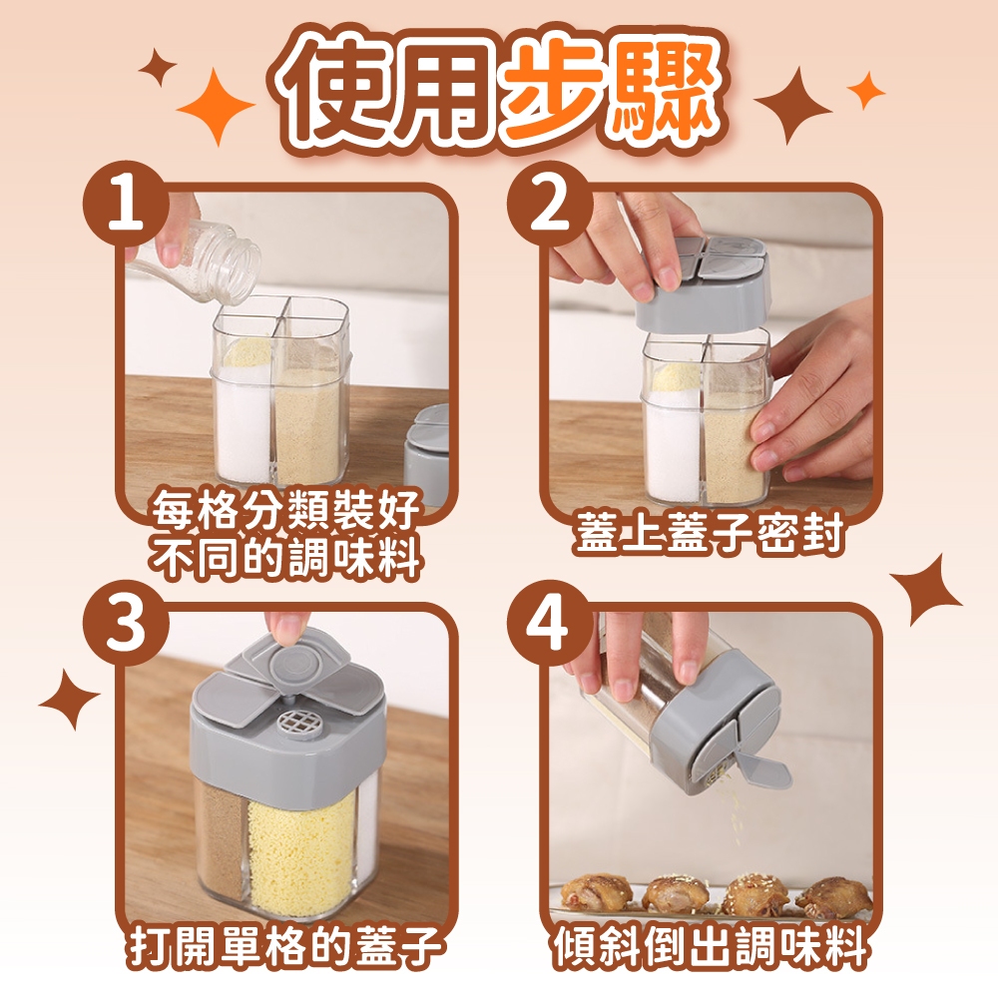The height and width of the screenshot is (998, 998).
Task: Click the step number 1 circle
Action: (x=126, y=203)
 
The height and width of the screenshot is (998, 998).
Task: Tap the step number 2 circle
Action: (x=550, y=203)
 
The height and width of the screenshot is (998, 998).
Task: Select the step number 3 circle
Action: (x=126, y=623)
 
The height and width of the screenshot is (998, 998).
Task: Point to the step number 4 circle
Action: (x=550, y=623)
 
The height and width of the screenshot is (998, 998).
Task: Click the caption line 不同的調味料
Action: (x=285, y=558)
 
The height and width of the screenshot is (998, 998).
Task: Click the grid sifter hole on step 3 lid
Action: (x=294, y=723)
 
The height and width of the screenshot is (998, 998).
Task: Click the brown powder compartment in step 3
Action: (x=221, y=840)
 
